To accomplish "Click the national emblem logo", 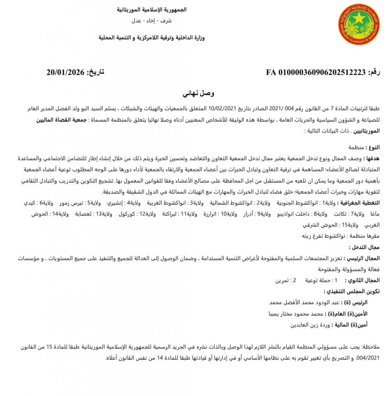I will (x=358, y=24).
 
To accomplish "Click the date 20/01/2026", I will (x=65, y=72).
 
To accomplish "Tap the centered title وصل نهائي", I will (x=198, y=94).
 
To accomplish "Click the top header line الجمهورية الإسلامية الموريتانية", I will (x=152, y=10).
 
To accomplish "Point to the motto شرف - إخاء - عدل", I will (x=152, y=20).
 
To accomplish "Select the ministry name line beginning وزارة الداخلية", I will (x=151, y=38).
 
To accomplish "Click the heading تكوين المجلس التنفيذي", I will (x=351, y=291).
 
